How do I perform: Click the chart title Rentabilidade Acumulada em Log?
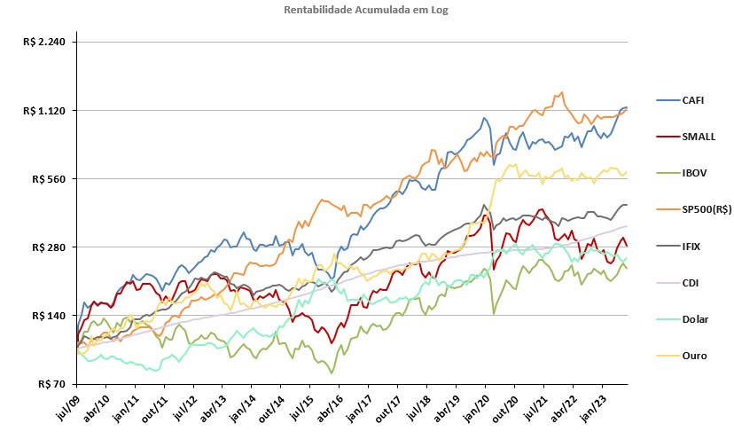(x=365, y=10)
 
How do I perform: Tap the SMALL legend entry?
(x=686, y=137)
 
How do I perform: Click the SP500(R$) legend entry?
(x=694, y=209)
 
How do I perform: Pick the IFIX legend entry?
(x=678, y=247)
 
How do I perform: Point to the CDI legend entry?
(x=677, y=283)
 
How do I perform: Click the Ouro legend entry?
(x=682, y=357)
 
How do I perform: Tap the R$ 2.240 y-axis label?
(x=44, y=43)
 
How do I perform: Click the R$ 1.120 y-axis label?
(x=44, y=111)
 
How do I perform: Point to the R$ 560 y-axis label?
(x=49, y=179)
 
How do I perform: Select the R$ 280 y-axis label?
(x=49, y=247)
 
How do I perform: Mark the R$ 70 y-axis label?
(x=51, y=384)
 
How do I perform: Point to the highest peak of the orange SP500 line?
(x=561, y=92)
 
